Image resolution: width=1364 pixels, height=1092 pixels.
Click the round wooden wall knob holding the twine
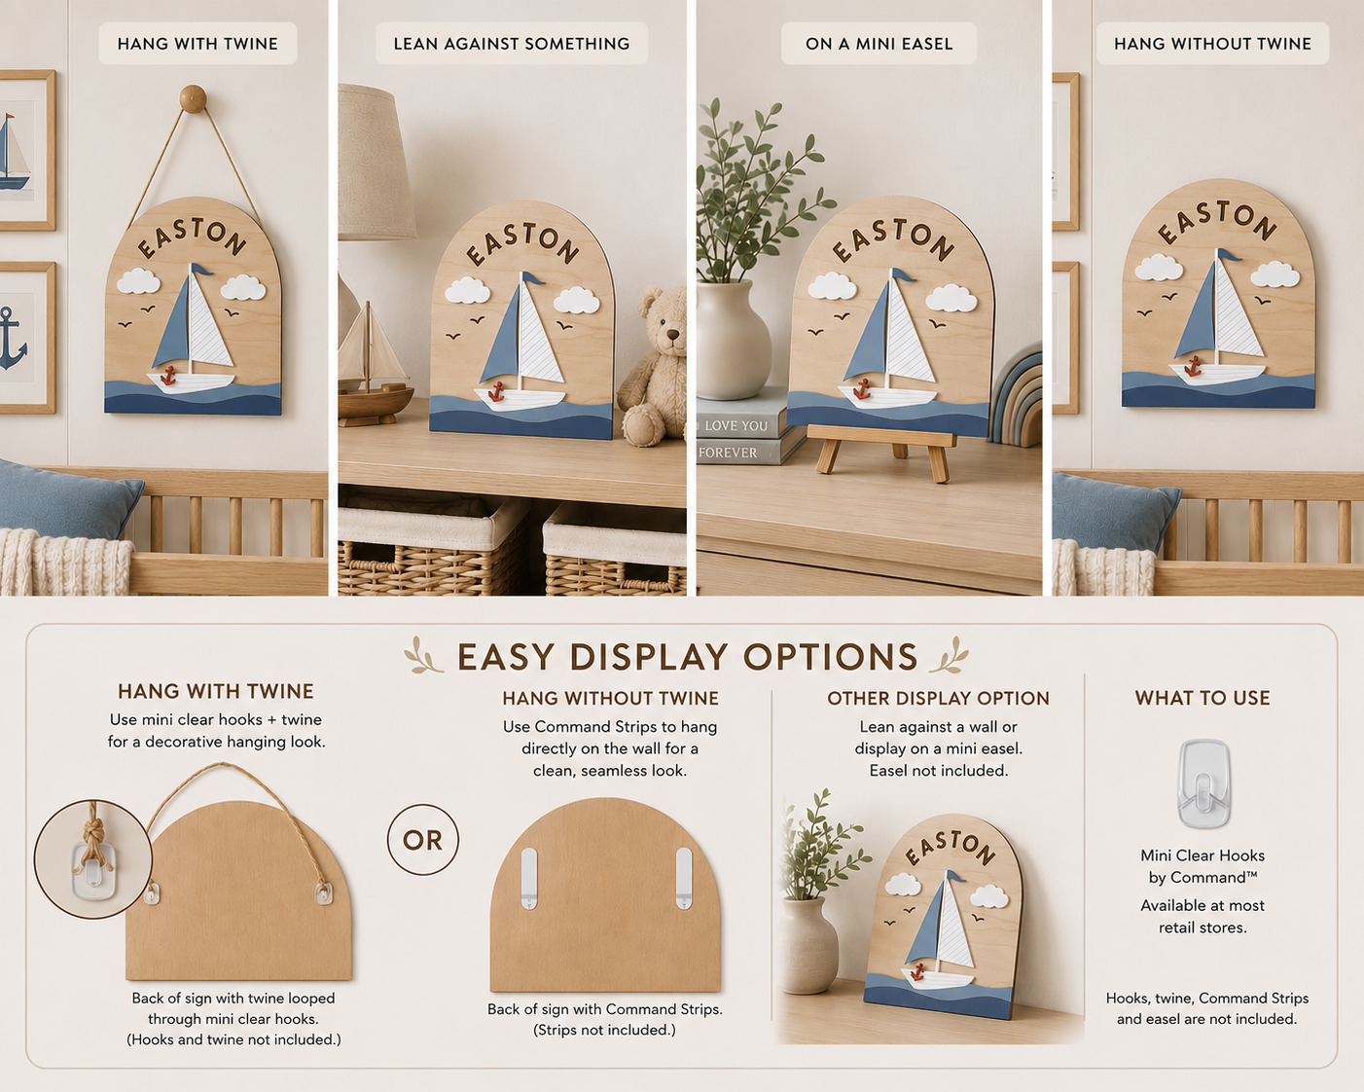point(193,99)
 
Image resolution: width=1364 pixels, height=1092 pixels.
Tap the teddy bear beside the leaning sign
point(653,367)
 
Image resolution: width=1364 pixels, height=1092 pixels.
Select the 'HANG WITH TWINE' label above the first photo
point(197,44)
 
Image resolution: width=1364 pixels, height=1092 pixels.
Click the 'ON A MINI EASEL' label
point(879,44)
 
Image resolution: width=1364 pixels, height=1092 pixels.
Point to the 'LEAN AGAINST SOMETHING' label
point(512,44)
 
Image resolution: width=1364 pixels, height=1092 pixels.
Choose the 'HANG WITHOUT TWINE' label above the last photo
point(1212,44)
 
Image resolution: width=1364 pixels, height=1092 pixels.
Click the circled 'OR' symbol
point(423,840)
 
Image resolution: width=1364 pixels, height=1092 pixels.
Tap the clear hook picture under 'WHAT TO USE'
point(1203,783)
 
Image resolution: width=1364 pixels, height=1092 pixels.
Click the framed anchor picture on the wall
point(26,338)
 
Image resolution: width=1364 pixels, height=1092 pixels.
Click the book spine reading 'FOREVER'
point(728,453)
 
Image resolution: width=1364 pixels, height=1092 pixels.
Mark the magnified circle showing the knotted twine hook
point(93,858)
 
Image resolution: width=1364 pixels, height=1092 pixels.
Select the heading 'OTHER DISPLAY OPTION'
point(938,698)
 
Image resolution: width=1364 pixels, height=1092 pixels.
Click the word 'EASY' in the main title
point(506,657)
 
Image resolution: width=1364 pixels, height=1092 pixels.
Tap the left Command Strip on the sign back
point(529,879)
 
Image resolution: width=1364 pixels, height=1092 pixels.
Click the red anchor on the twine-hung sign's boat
point(168,376)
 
